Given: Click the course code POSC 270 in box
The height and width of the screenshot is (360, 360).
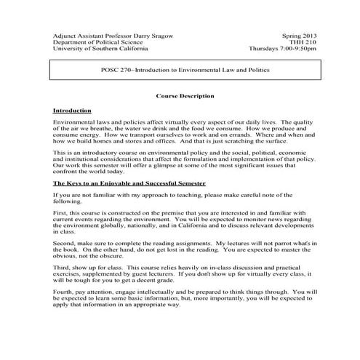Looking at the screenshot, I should (x=115, y=71).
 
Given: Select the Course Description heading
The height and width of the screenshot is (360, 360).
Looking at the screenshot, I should (x=185, y=95).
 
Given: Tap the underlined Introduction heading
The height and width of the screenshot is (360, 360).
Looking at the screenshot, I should (x=72, y=109).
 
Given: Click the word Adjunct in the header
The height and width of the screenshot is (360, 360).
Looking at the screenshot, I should (x=66, y=35).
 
